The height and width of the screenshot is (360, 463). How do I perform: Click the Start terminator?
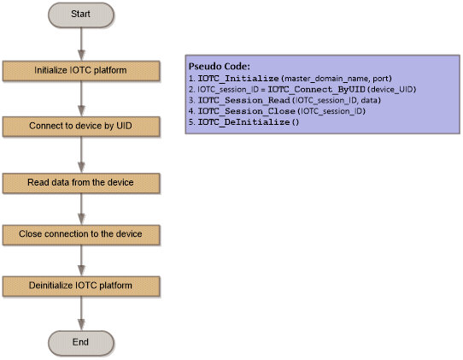(81, 15)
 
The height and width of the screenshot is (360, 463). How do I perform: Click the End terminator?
(81, 343)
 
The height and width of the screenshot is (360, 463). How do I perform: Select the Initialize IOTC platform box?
(81, 71)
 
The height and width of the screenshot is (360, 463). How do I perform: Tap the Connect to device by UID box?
(81, 127)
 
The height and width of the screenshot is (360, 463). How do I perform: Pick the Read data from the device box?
(81, 183)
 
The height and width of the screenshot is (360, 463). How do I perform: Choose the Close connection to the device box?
(81, 235)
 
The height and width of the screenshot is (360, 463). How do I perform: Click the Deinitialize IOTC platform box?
(81, 286)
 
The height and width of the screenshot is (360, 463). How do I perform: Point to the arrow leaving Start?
(81, 44)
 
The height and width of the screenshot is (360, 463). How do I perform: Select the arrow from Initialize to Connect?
(81, 98)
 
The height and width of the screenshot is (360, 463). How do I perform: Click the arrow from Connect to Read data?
(81, 155)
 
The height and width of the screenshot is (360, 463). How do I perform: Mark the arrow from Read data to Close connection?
(81, 209)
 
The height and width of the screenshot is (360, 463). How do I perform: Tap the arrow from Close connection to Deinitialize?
(81, 261)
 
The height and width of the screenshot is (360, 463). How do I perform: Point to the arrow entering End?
(81, 314)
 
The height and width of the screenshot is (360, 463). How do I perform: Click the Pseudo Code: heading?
(219, 67)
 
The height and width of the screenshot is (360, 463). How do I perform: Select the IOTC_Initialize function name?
(238, 79)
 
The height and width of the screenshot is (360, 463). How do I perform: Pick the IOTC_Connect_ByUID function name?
(316, 90)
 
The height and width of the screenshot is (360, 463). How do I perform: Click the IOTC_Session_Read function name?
(243, 101)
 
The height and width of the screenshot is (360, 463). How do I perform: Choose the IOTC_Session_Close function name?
(246, 111)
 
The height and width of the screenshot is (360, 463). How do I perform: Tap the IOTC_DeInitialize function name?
(243, 122)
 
